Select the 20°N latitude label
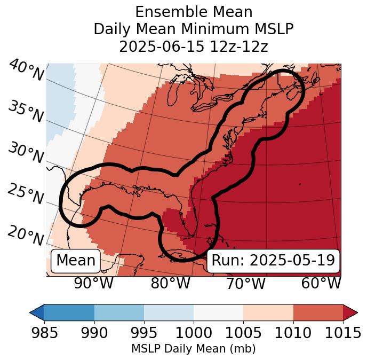click(26, 235)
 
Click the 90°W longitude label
click(94, 283)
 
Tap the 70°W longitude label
click(245, 283)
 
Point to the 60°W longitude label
click(321, 283)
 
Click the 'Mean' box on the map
click(76, 261)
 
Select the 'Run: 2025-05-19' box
click(273, 261)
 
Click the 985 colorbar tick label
click(44, 333)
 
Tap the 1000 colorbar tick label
click(194, 333)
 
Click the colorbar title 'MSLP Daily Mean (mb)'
click(194, 349)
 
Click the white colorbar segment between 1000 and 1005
click(218, 312)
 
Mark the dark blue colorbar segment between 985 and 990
click(69, 312)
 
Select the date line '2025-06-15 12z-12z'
click(194, 46)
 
